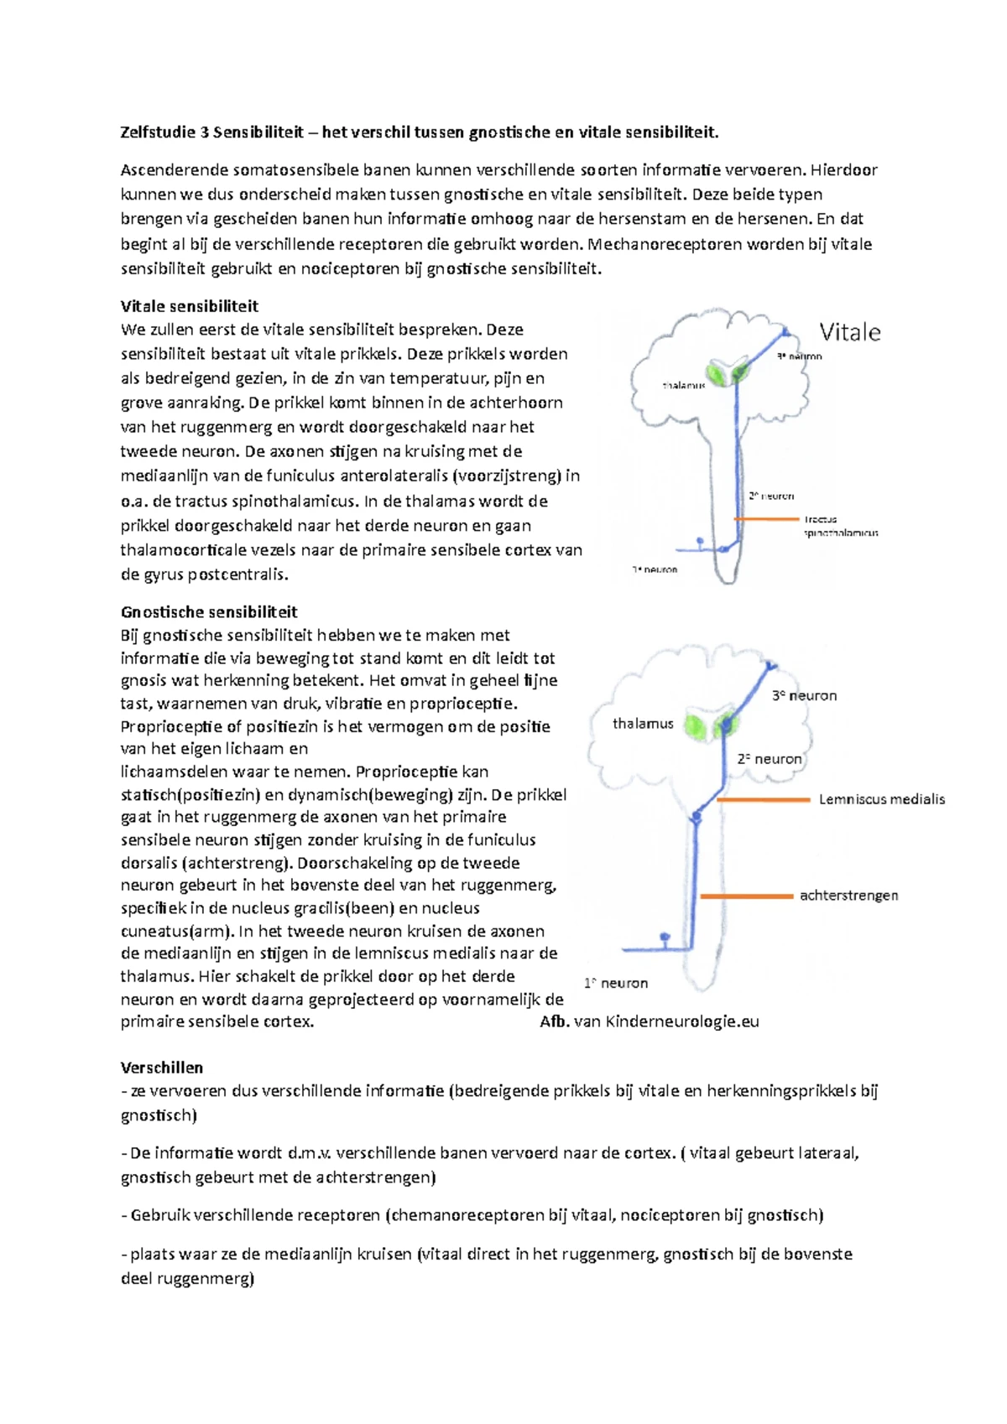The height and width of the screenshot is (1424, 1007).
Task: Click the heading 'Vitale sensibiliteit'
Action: (x=189, y=306)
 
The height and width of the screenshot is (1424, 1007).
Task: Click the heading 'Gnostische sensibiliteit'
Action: (x=209, y=612)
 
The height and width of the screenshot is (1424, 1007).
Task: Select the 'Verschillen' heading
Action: (x=162, y=1068)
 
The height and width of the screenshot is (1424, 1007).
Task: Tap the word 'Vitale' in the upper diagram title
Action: (x=849, y=333)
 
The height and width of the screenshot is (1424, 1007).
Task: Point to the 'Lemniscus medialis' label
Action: (x=881, y=799)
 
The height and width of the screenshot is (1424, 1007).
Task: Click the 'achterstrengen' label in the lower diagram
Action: (x=848, y=896)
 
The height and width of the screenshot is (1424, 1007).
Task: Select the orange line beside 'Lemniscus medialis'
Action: (x=764, y=800)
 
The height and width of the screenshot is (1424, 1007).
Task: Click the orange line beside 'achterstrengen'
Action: (x=746, y=896)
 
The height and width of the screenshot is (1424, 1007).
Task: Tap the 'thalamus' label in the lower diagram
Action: (x=643, y=724)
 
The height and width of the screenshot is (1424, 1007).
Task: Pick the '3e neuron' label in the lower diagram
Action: (x=804, y=695)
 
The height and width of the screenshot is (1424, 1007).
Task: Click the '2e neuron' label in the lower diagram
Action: (x=770, y=759)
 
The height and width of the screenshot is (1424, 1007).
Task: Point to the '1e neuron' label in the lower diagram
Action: (x=616, y=983)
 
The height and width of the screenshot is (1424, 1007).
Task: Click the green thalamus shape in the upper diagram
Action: (x=727, y=372)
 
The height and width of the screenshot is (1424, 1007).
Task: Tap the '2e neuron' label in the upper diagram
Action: (x=771, y=496)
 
